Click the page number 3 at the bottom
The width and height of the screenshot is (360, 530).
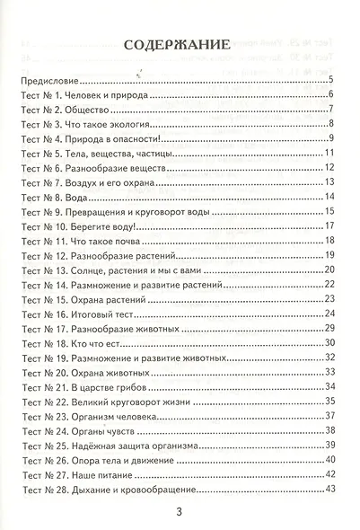tap(179, 513)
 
